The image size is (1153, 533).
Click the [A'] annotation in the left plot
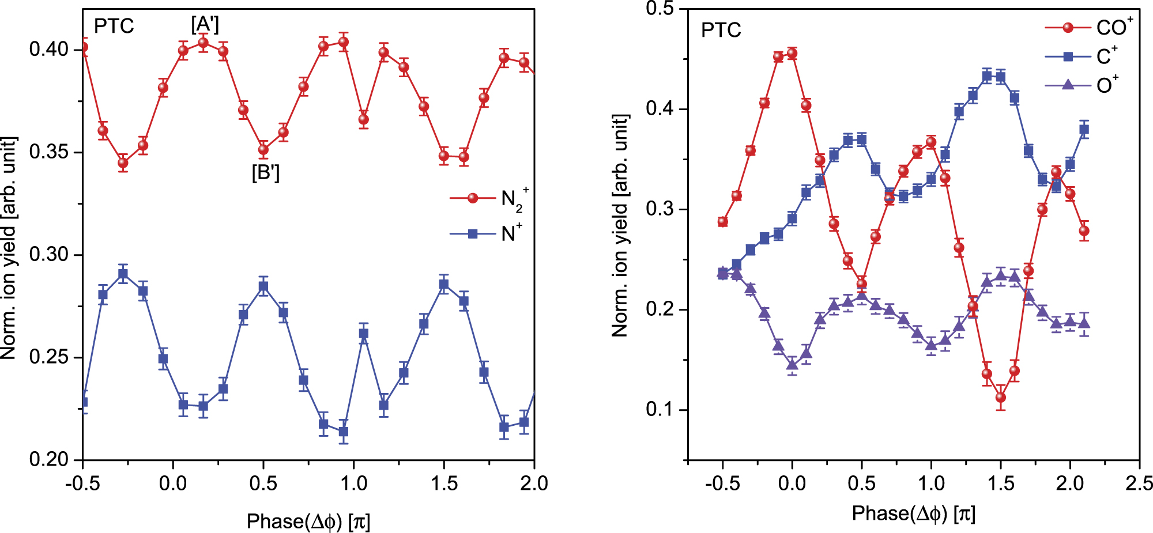[x=205, y=24]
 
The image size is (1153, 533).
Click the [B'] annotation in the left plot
[x=265, y=172]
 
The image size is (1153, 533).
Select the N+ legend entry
[x=487, y=233]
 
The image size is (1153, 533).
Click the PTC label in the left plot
[x=114, y=27]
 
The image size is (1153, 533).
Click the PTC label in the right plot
[x=721, y=30]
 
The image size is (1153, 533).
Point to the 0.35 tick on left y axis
[x=48, y=152]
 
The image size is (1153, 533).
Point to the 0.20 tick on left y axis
[x=48, y=459]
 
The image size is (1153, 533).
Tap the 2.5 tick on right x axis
[x=1139, y=483]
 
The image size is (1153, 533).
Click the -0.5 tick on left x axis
[x=82, y=483]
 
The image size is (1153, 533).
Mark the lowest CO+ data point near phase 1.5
[x=1000, y=397]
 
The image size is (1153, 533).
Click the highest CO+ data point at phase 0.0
[x=792, y=54]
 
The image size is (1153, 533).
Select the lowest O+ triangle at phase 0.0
[x=792, y=364]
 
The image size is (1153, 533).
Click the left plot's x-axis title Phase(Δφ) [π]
[x=308, y=521]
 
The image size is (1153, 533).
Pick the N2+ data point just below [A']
[x=203, y=43]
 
